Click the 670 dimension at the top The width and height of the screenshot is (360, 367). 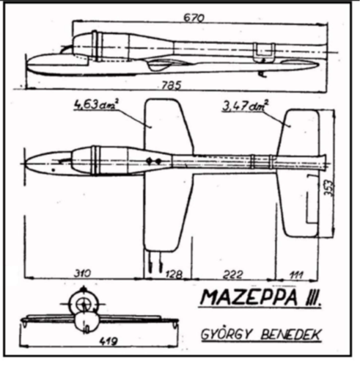194,18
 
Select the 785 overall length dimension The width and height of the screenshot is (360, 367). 172,85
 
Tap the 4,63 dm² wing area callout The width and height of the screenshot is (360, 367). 96,105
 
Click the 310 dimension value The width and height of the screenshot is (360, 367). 82,273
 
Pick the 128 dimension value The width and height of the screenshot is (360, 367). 174,275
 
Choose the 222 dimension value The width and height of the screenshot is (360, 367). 233,275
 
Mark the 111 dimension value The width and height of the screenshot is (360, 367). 296,275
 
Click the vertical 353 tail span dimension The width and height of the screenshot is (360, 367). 328,188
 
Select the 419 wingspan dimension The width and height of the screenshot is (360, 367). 109,341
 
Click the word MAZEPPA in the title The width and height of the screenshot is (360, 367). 249,297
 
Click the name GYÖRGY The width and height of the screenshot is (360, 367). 226,334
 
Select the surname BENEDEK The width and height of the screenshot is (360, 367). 291,335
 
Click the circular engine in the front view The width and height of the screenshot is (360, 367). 84,303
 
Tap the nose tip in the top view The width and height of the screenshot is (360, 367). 26,163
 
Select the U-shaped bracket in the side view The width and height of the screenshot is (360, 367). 264,53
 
